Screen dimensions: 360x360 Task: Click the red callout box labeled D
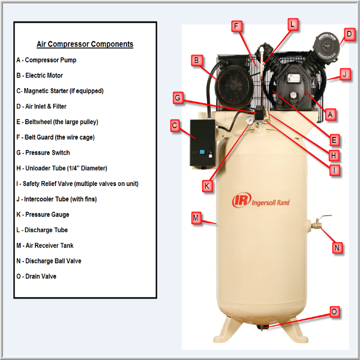pyautogui.click(x=349, y=34)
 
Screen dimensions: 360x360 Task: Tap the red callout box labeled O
pyautogui.click(x=334, y=312)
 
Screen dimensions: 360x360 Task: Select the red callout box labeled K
pyautogui.click(x=207, y=186)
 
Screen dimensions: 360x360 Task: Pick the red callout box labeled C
pyautogui.click(x=175, y=125)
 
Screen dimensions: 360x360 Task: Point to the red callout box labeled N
pyautogui.click(x=337, y=248)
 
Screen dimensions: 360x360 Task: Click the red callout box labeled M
pyautogui.click(x=196, y=218)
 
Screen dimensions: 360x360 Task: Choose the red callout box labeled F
pyautogui.click(x=236, y=26)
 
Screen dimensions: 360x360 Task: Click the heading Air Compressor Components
pyautogui.click(x=85, y=44)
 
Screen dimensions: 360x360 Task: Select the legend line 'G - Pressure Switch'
pyautogui.click(x=43, y=152)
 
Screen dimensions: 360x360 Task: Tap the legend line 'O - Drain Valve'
pyautogui.click(x=36, y=276)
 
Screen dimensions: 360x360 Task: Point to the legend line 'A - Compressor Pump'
pyautogui.click(x=46, y=60)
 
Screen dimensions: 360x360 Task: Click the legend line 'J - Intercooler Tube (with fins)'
pyautogui.click(x=57, y=199)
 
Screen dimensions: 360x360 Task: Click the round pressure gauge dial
pyautogui.click(x=250, y=121)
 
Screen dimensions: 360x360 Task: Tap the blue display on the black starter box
pyautogui.click(x=202, y=152)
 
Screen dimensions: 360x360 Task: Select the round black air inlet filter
pyautogui.click(x=326, y=46)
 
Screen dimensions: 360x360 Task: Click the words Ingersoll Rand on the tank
pyautogui.click(x=271, y=203)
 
